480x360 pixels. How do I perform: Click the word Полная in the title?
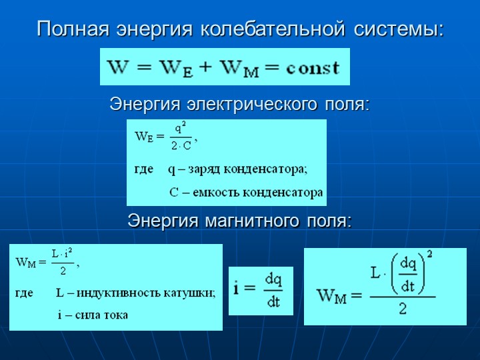(x=73, y=29)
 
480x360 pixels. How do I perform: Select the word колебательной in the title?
(x=273, y=29)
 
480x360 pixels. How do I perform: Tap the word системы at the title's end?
(x=398, y=30)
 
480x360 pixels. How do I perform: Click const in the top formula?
(x=313, y=67)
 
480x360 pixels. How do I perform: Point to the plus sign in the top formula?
(x=206, y=67)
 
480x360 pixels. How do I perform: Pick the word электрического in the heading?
(x=252, y=105)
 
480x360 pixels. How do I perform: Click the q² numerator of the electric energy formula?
(x=180, y=129)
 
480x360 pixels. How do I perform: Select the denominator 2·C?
(x=181, y=146)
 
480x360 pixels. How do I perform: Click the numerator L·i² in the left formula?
(x=62, y=254)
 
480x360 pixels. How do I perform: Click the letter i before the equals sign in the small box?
(x=236, y=288)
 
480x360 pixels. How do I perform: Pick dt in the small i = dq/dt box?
(x=273, y=302)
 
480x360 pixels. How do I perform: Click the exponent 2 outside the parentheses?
(x=429, y=255)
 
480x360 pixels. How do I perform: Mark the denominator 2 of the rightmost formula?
(x=403, y=309)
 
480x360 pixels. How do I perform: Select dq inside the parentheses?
(x=409, y=265)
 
